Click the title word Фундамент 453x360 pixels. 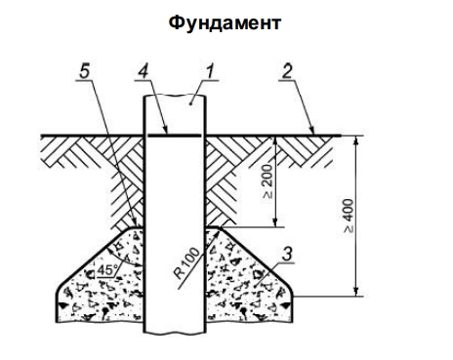pos(226,20)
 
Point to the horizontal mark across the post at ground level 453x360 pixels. pos(174,136)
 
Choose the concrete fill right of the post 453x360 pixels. pos(249,283)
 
